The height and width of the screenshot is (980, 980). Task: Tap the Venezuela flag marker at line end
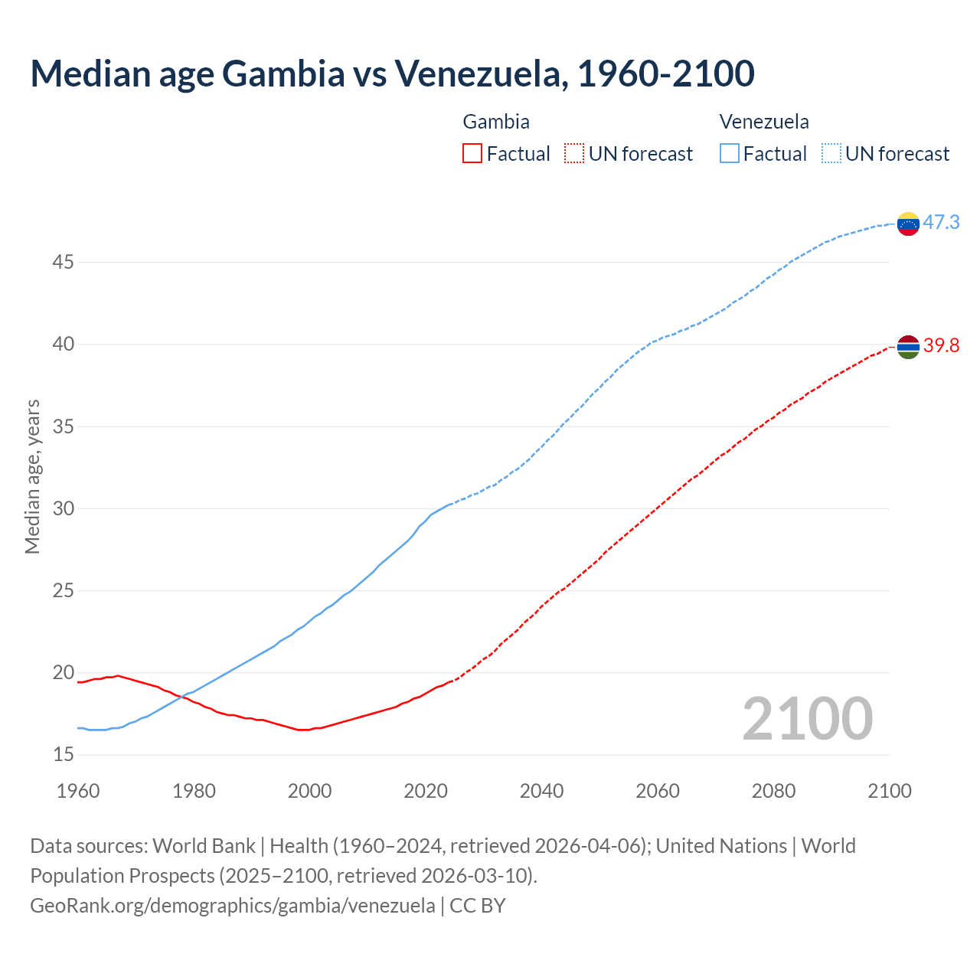908,224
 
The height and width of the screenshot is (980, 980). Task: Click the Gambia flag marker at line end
908,347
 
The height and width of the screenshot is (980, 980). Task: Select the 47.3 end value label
941,223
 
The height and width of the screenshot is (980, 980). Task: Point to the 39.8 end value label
941,346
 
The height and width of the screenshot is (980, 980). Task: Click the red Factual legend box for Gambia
472,154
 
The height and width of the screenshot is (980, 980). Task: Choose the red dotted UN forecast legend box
574,154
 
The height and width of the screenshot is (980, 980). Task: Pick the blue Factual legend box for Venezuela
730,154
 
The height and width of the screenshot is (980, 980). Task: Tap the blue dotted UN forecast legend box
831,154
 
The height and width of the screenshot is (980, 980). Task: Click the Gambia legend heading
496,122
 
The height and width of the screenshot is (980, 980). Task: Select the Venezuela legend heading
763,122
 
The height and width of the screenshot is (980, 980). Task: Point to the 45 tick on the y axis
63,263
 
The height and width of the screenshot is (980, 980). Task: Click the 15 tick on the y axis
63,755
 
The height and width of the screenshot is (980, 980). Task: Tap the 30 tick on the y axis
63,509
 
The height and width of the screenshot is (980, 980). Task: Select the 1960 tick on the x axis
78,791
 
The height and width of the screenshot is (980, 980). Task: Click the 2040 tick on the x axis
541,791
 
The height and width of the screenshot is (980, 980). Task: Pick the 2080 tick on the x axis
773,791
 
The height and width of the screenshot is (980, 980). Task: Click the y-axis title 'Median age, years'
32,476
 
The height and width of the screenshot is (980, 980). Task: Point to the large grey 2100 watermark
807,719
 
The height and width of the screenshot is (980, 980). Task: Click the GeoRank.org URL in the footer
232,906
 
